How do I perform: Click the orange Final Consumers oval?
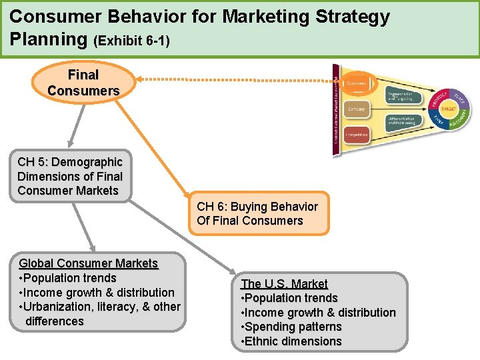(83, 83)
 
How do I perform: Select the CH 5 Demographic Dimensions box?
(70, 176)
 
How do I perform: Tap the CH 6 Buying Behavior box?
(258, 213)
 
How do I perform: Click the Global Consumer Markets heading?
(89, 263)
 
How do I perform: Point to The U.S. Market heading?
(284, 283)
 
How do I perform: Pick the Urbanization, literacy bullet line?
(100, 307)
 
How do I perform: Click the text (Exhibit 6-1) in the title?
(132, 41)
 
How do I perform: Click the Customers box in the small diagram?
(357, 82)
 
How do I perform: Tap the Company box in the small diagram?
(357, 109)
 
